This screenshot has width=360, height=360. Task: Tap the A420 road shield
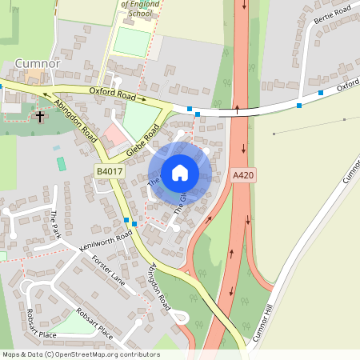coord(243,175)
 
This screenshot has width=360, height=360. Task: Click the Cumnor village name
coord(38,63)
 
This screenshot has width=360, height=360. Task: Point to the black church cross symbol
coord(40,116)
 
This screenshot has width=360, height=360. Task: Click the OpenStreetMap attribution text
coord(81,354)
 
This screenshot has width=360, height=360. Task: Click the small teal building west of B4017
coord(62,163)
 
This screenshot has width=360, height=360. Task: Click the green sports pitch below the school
coord(130,41)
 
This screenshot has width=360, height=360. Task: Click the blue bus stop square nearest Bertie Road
coord(321,93)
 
